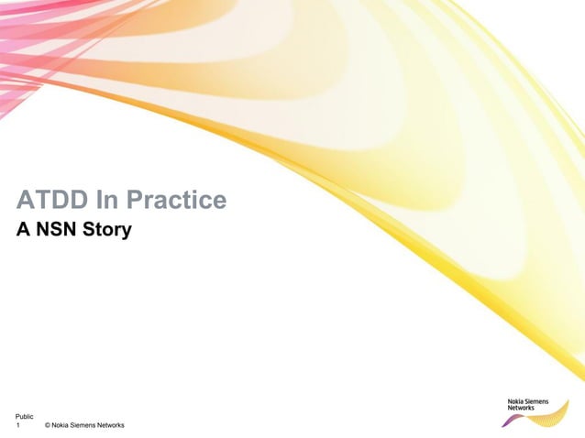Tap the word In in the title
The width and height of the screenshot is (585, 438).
click(107, 200)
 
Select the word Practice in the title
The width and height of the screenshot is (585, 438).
click(176, 200)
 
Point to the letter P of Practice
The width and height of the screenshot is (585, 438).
click(134, 200)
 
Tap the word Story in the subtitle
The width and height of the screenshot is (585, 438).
click(106, 229)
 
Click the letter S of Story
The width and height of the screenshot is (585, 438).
click(88, 228)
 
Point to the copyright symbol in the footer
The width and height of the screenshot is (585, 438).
click(47, 426)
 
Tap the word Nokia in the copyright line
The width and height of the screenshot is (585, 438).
click(61, 426)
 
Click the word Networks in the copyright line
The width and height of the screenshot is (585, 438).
click(111, 426)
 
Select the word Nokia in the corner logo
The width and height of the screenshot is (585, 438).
click(517, 400)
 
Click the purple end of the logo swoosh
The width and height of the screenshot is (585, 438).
click(506, 422)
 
